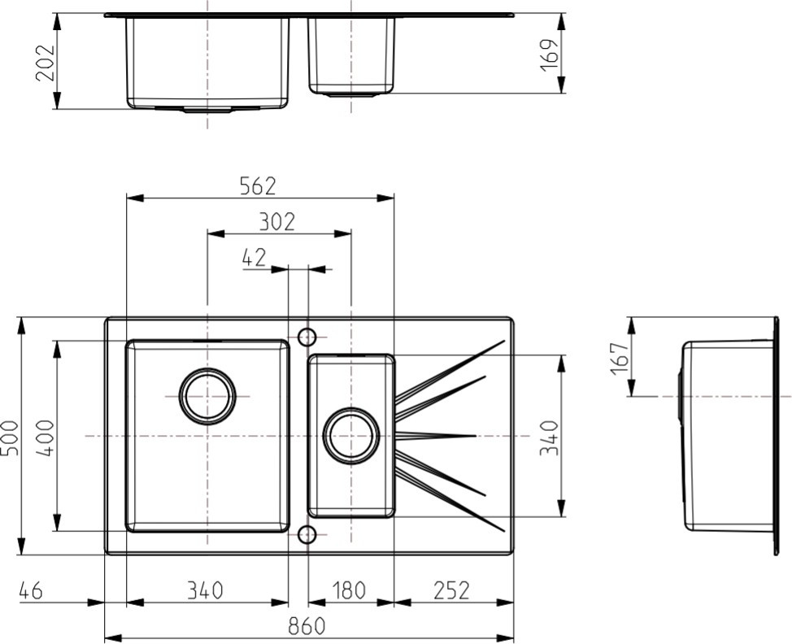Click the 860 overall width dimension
(307, 626)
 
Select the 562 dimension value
(258, 186)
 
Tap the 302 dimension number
(276, 222)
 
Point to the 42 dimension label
(254, 258)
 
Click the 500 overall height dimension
(10, 437)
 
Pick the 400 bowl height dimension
(45, 437)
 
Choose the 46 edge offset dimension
(30, 590)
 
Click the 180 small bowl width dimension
(350, 590)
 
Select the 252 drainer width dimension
(451, 590)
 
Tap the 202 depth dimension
(45, 63)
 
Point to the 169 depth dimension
(550, 54)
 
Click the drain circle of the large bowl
(207, 397)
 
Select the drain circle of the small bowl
(351, 435)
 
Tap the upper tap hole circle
(307, 337)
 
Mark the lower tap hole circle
(307, 534)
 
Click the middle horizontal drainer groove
(436, 435)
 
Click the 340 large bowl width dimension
(205, 590)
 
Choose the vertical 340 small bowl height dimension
(550, 437)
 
